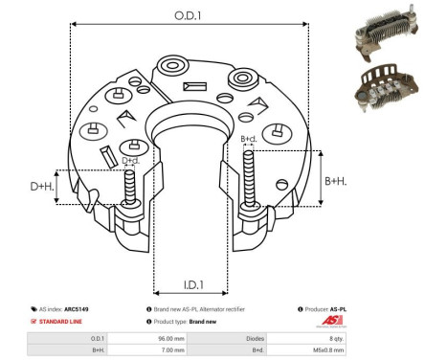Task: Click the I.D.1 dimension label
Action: [191, 284]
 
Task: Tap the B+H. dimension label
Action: [334, 181]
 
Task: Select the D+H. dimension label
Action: [42, 186]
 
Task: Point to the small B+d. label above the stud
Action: [249, 139]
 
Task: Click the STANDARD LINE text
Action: [61, 323]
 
